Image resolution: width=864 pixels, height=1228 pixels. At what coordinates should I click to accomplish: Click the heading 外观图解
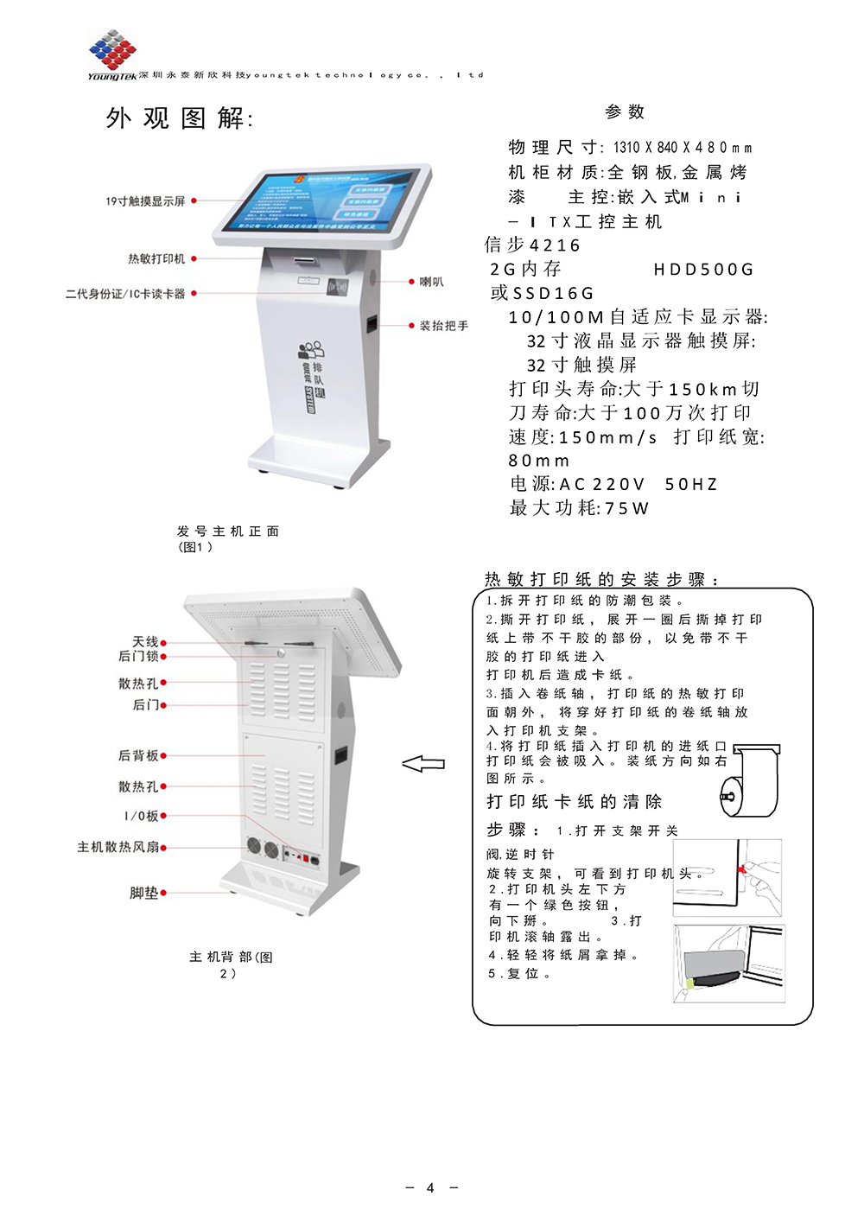pos(179,118)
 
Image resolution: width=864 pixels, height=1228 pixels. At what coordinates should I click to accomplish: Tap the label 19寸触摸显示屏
pos(145,201)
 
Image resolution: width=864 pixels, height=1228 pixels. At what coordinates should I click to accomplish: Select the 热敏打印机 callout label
pos(156,258)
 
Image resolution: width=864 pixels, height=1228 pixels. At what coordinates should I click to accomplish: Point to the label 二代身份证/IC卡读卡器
pos(125,294)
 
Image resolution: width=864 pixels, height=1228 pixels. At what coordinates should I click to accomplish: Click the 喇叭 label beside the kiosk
pos(431,282)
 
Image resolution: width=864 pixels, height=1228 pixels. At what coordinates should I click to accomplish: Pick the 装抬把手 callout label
pos(443,326)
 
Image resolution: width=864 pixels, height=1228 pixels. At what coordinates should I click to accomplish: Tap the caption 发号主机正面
pos(227,531)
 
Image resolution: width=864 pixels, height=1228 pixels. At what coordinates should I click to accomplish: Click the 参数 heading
pos(625,111)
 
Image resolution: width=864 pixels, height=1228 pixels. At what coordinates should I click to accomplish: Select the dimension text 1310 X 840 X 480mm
pos(683,148)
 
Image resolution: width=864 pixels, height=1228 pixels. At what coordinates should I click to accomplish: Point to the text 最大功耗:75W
pos(579,508)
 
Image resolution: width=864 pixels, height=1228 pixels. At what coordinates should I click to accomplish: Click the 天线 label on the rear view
pos(145,641)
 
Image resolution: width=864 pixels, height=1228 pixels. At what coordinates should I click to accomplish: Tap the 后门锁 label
pos(138,656)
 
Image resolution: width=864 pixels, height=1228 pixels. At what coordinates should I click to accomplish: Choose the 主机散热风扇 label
pos(118,847)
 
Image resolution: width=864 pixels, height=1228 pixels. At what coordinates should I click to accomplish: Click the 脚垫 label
pos(143,893)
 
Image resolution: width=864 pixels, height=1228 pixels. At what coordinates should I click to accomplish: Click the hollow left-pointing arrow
pos(423,764)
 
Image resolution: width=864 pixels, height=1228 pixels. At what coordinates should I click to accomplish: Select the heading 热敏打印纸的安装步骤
pos(601,579)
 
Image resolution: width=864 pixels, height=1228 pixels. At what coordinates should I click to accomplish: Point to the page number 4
pos(430,1187)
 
